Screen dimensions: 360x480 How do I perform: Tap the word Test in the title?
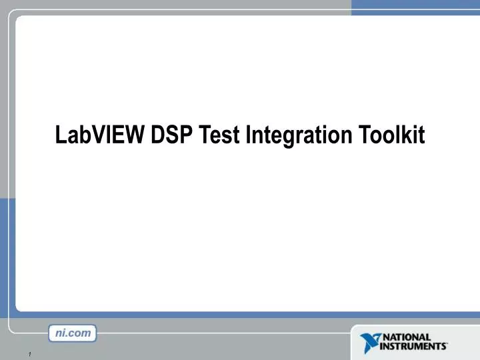coord(219,135)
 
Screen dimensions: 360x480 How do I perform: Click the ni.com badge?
coord(73,333)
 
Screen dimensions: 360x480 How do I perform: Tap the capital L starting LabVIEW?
coord(60,135)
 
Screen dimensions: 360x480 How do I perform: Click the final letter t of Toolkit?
coord(421,136)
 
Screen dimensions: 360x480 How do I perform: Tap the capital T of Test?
coord(205,135)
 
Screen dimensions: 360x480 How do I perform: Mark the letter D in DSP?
coord(158,135)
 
